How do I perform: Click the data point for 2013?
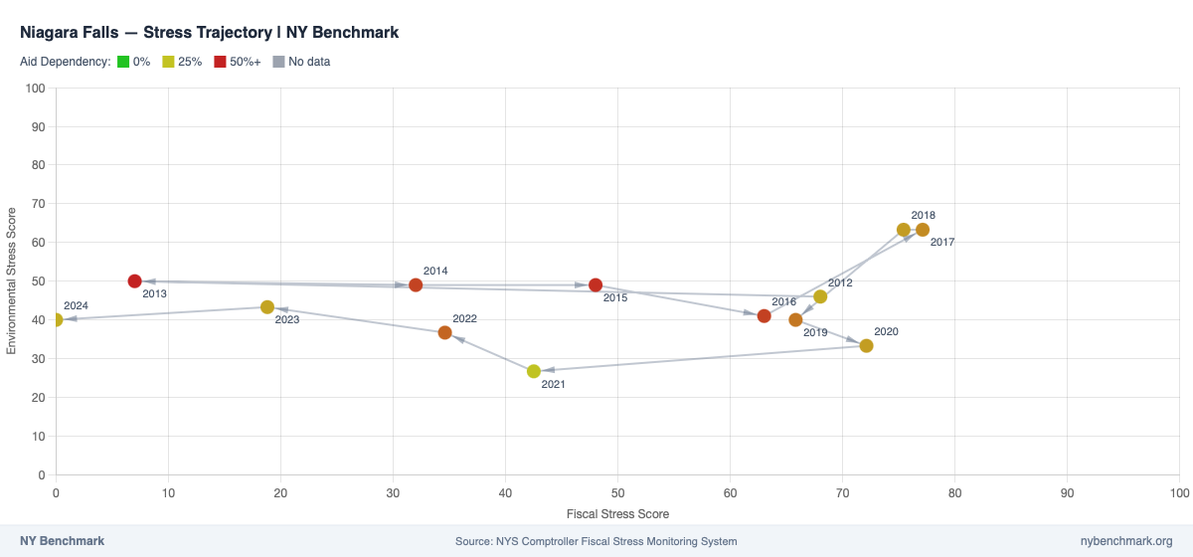(135, 281)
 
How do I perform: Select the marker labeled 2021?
(534, 371)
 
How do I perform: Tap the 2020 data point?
(866, 346)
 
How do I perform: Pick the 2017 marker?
(923, 230)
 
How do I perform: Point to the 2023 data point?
(267, 307)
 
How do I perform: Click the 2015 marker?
(596, 285)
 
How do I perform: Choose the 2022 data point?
(444, 332)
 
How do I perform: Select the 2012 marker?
(820, 296)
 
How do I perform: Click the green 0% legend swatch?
(123, 62)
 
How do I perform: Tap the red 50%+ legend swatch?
(221, 62)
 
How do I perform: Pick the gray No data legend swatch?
(278, 62)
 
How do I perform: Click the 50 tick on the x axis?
(618, 491)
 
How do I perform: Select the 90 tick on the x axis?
(1068, 491)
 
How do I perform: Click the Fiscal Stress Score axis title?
(617, 514)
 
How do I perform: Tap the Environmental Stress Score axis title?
(12, 281)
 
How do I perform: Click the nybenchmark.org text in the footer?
(1126, 541)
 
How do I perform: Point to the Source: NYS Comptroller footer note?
(596, 541)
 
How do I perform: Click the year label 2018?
(923, 215)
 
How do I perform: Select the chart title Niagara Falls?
(209, 32)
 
